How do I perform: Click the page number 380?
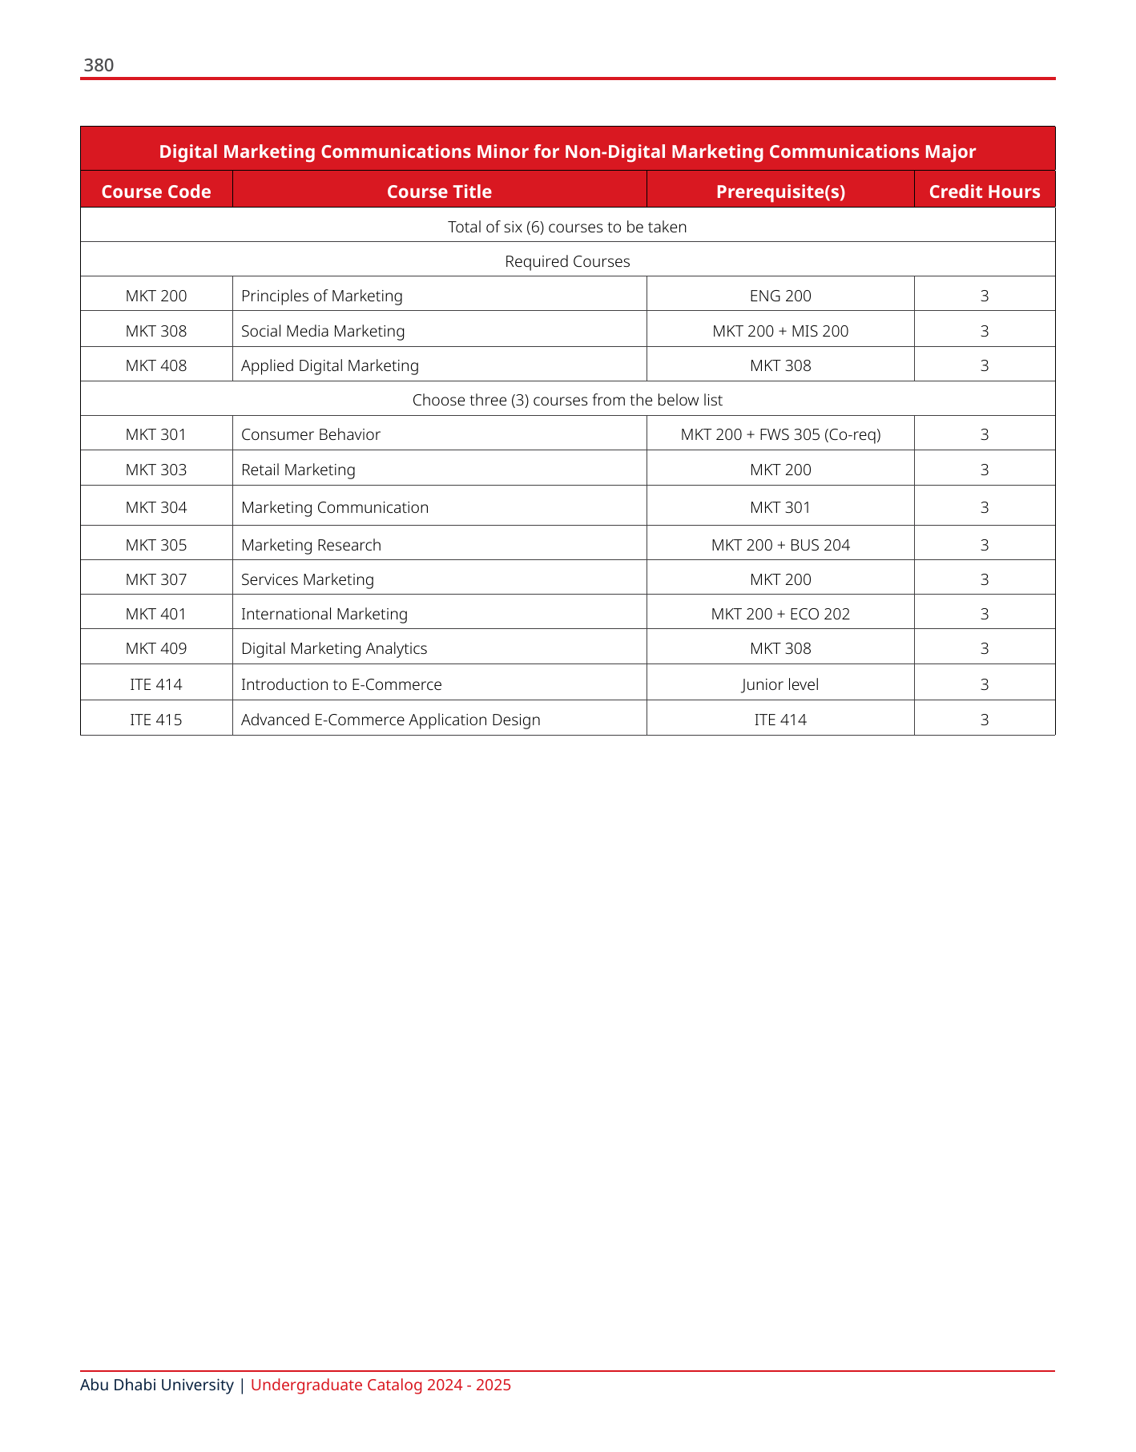(99, 66)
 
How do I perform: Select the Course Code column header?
(156, 192)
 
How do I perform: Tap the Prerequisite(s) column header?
(780, 192)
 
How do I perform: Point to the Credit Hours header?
(984, 192)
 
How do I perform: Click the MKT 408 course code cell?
(156, 365)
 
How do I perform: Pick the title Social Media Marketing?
(323, 331)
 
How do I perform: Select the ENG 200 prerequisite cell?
(780, 296)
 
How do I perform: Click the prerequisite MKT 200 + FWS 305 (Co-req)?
(780, 434)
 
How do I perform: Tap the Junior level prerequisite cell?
(780, 684)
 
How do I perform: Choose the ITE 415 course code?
(156, 720)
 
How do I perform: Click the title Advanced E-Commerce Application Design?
(390, 720)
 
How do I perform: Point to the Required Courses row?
(567, 261)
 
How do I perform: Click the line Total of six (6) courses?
(567, 227)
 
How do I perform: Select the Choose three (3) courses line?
(567, 400)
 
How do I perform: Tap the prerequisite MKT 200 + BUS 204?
(780, 545)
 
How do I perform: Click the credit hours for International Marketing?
(984, 614)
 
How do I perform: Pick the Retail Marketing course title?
(298, 470)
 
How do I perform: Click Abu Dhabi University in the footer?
(157, 1385)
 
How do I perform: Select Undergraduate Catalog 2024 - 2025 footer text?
(381, 1385)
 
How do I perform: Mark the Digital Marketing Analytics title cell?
(334, 648)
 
